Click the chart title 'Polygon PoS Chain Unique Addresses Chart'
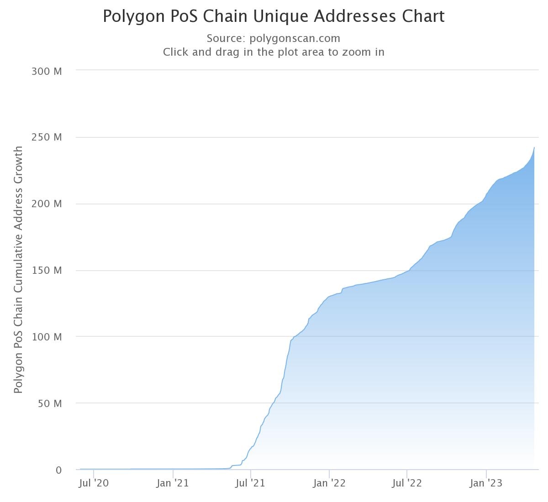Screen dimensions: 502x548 274,16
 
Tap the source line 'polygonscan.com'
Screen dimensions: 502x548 295,38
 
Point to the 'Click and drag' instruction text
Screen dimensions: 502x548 274,52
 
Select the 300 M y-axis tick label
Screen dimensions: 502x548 47,71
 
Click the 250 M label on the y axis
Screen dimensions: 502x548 47,137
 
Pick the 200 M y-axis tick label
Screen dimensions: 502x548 47,204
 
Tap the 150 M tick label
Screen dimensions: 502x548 47,271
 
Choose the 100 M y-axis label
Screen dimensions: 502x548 47,337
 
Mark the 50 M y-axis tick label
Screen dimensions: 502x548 49,404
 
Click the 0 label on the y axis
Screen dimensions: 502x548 58,470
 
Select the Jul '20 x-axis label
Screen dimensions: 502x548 94,483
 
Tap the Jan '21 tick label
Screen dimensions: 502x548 172,483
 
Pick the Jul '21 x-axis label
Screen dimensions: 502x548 251,483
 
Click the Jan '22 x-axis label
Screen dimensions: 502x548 329,483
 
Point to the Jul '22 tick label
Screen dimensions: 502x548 407,483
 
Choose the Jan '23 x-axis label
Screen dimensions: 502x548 486,483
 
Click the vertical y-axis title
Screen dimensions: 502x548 18,269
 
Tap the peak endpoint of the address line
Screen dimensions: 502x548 534,148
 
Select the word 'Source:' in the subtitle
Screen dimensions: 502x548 226,38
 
